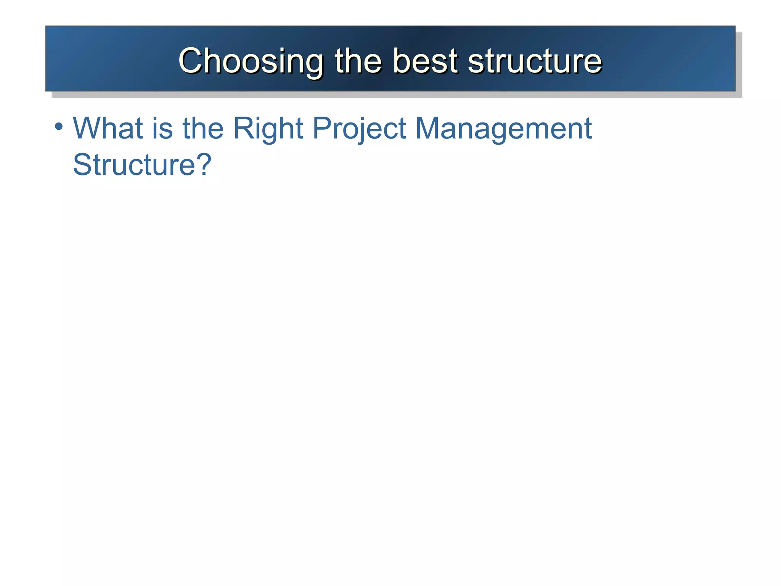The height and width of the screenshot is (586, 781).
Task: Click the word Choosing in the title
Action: coord(251,61)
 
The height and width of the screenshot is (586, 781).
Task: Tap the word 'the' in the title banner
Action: coord(358,61)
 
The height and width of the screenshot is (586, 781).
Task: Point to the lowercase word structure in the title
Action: coord(535,61)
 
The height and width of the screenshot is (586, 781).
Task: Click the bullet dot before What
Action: coord(58,126)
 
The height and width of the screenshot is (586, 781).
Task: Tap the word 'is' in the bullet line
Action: coord(162,128)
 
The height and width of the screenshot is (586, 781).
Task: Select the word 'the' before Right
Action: coord(203,128)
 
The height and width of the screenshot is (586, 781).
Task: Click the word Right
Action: coord(268,128)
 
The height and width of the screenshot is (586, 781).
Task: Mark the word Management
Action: coord(503,128)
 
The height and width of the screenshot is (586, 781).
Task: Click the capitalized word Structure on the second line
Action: coord(134,165)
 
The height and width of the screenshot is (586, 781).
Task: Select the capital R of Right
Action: coord(243,128)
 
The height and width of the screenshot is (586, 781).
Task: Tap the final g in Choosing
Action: coord(313,64)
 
